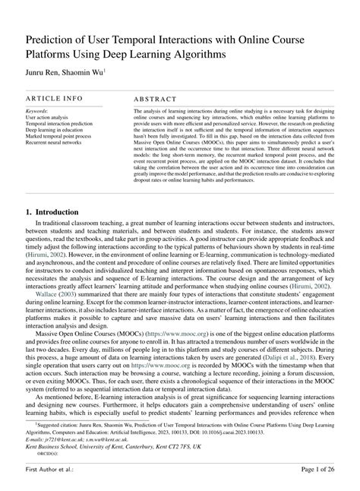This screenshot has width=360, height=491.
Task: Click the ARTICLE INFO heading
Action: tap(54, 100)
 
